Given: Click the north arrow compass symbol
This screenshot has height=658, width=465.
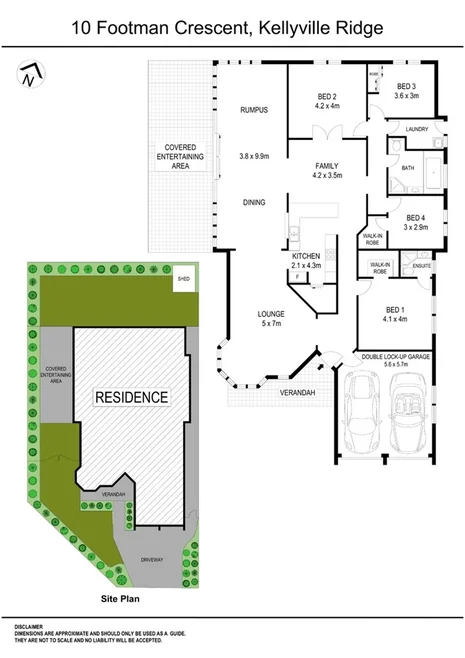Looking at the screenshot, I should pyautogui.click(x=31, y=72).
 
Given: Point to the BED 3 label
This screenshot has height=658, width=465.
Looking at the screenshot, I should pyautogui.click(x=406, y=87).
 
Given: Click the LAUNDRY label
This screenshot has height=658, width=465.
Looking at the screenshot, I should pyautogui.click(x=418, y=128).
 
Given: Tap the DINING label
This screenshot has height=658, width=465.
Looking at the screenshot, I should pyautogui.click(x=254, y=203).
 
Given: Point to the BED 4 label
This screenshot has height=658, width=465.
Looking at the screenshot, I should pyautogui.click(x=416, y=218).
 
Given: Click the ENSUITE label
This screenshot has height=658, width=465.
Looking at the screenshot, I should pyautogui.click(x=421, y=266).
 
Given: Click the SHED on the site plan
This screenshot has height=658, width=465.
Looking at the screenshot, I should pyautogui.click(x=182, y=279).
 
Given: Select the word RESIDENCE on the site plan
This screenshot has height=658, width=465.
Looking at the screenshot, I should pyautogui.click(x=131, y=397).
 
